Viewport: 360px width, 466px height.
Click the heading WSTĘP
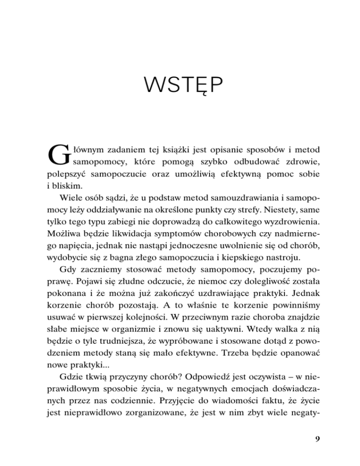click(180, 87)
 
